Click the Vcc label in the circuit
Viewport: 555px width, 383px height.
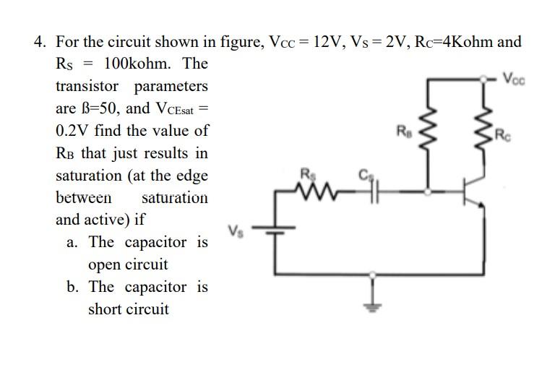click(515, 77)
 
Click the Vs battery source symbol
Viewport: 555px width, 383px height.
click(275, 231)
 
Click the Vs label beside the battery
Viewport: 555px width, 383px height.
click(235, 231)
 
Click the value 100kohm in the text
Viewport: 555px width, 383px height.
click(138, 64)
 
